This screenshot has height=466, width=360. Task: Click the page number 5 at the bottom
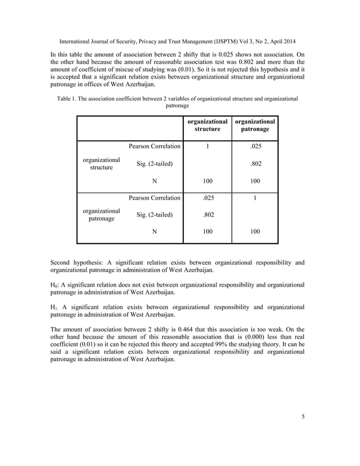(x=303, y=417)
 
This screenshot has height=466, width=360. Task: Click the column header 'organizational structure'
(x=207, y=125)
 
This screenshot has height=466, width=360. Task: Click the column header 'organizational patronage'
(x=254, y=125)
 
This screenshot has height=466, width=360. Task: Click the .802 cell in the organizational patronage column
(x=254, y=164)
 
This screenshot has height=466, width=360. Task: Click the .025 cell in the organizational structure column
(x=207, y=197)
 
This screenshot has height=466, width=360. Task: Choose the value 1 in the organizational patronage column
(x=254, y=197)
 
